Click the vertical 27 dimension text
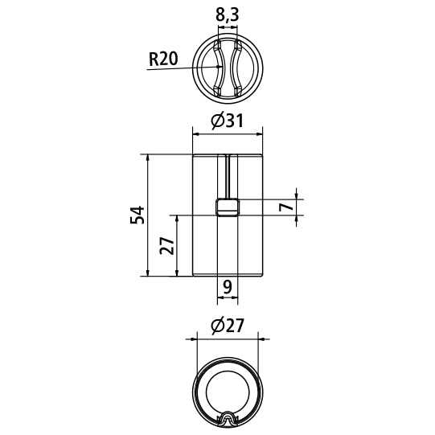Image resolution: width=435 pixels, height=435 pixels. pyautogui.click(x=166, y=246)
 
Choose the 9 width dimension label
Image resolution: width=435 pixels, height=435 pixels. pyautogui.click(x=228, y=286)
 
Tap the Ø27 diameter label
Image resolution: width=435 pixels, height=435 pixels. pyautogui.click(x=227, y=326)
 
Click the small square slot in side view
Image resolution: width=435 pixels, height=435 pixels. pyautogui.click(x=228, y=207)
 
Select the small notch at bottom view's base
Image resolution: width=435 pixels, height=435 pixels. pyautogui.click(x=228, y=417)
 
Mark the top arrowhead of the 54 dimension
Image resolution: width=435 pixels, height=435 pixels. pyautogui.click(x=148, y=158)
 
